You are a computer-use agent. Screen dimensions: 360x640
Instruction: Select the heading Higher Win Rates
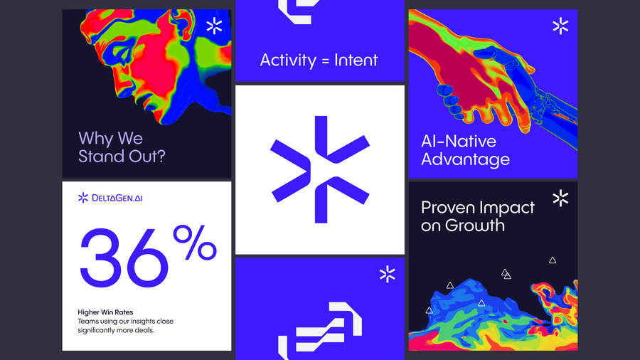105,312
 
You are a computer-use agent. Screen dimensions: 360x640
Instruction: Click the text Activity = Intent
319,60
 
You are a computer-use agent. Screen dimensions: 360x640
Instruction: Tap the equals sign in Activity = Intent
325,60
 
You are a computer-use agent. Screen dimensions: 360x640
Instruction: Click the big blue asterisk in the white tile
319,169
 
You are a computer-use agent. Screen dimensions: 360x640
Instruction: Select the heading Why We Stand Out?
122,147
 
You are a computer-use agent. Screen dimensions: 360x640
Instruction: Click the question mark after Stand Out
160,156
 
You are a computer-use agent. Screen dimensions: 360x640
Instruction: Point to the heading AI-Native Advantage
465,149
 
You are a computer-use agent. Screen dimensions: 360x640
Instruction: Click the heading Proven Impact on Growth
477,216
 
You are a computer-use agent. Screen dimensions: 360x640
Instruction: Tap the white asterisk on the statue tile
214,26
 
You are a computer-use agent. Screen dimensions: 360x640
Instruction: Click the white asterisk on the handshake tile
560,26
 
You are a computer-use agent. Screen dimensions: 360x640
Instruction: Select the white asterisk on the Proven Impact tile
560,198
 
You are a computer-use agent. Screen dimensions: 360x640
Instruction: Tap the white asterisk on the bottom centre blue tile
387,274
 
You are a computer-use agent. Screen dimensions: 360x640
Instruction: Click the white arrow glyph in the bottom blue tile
319,327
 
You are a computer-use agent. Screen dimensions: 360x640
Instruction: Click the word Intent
356,60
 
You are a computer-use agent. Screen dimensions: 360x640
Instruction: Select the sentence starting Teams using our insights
125,326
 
